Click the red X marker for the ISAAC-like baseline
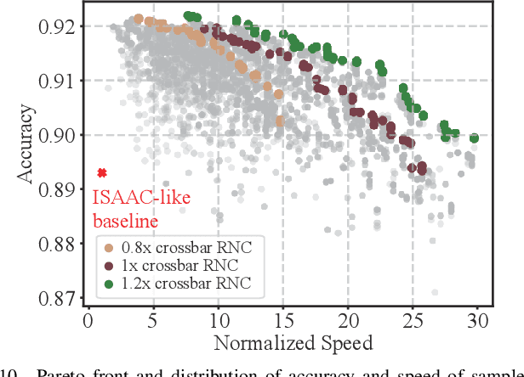coord(102,173)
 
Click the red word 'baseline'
coord(125,222)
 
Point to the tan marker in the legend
coord(106,248)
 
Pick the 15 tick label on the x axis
coord(282,322)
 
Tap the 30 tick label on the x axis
coord(478,322)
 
